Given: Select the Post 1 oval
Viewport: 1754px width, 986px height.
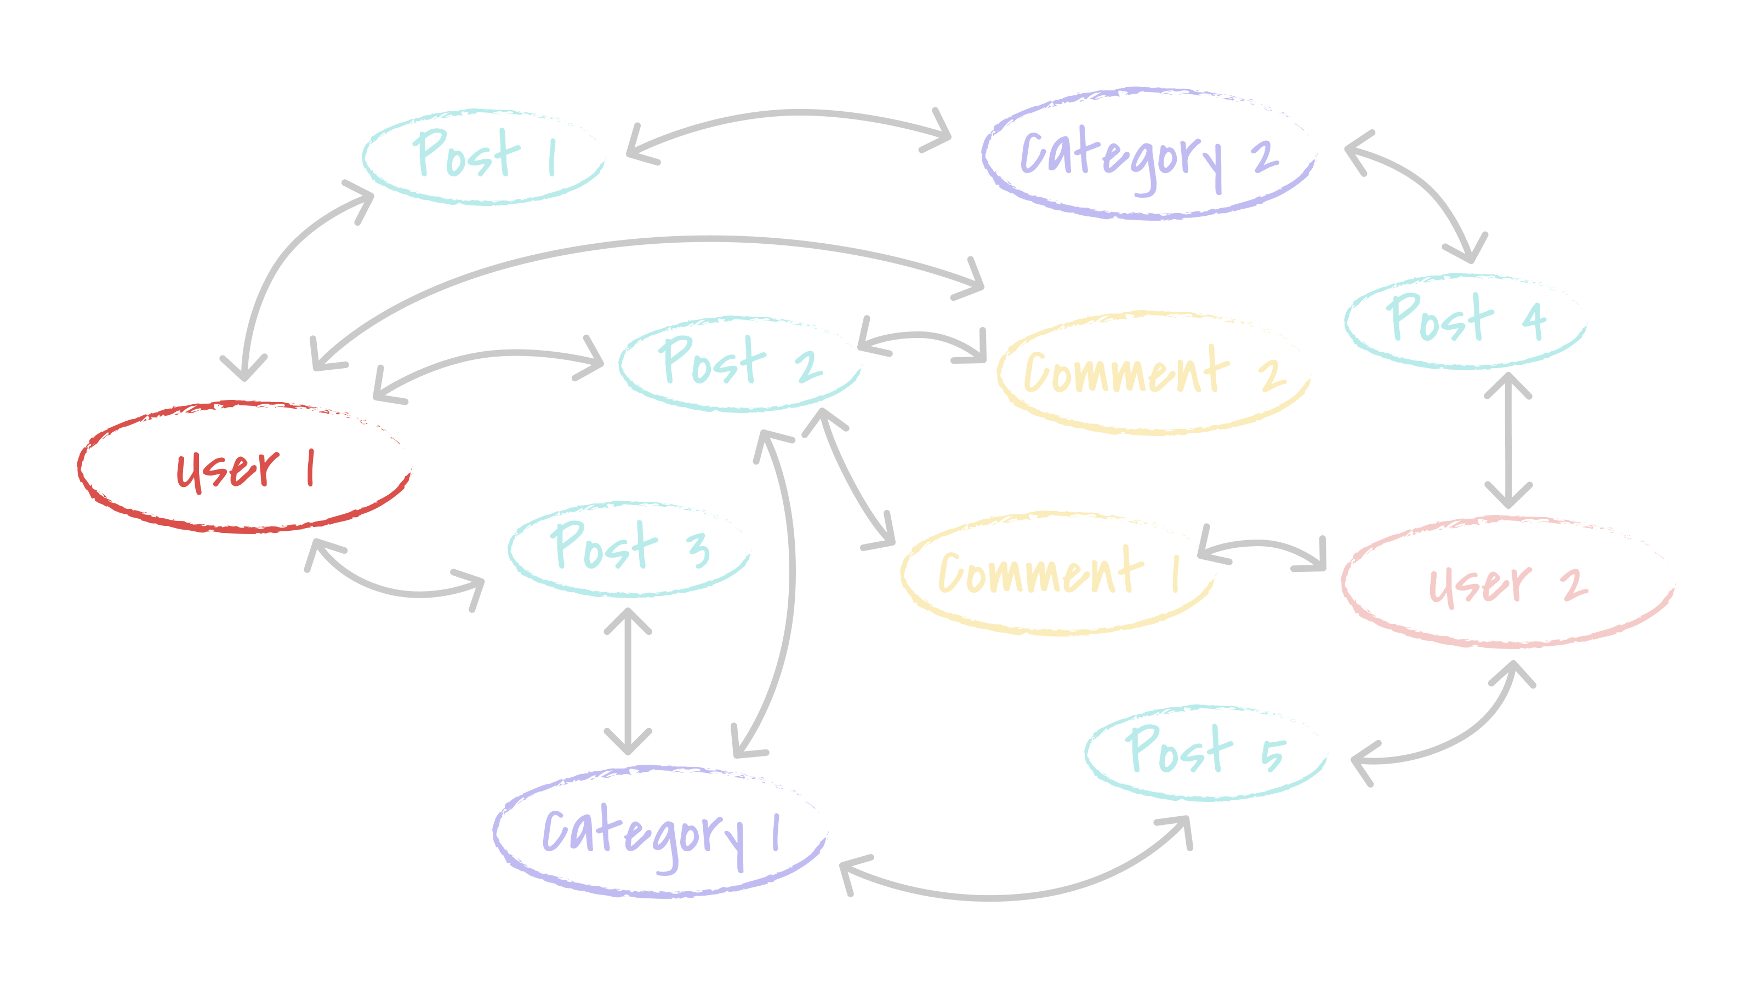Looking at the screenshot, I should [x=483, y=157].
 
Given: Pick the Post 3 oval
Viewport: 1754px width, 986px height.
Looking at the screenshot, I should [x=629, y=548].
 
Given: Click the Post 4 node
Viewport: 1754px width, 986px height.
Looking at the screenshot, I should [x=1465, y=320].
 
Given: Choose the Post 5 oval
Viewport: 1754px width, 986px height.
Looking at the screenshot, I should [x=1205, y=752].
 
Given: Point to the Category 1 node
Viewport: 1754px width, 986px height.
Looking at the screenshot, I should [x=659, y=832].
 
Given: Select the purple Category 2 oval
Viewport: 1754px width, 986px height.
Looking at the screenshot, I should [x=1149, y=153].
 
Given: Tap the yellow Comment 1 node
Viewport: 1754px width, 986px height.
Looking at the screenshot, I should [x=1057, y=573].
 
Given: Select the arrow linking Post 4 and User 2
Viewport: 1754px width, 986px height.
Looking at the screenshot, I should [x=1508, y=439].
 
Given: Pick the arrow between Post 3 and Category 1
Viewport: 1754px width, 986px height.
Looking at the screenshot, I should [x=628, y=680].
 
